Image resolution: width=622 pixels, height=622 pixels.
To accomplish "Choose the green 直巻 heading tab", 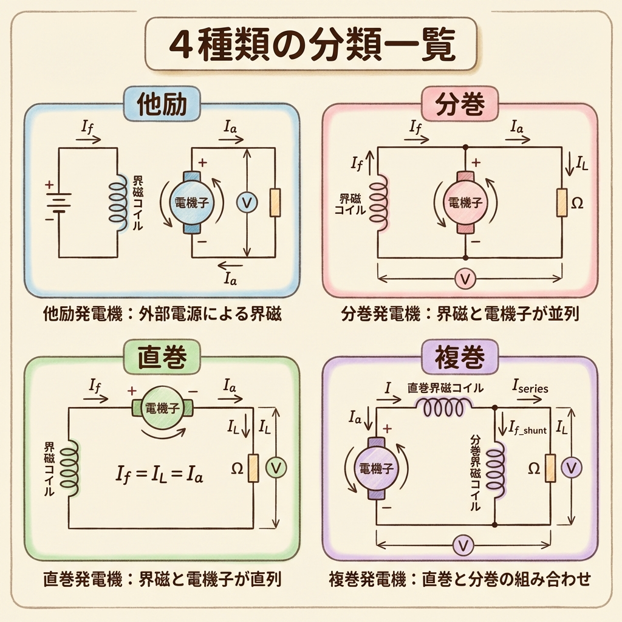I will (162, 358).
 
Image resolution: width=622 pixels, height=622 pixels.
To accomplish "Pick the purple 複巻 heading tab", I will (460, 358).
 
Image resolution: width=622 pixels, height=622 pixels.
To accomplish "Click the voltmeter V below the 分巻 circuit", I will (465, 279).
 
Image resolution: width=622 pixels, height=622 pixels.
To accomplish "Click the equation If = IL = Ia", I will (160, 472).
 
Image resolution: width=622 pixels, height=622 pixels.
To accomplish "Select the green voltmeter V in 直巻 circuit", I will (276, 466).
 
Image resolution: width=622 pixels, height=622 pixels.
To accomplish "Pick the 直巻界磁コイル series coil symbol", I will (444, 407).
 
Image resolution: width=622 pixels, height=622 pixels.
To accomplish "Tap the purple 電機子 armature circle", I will (375, 468).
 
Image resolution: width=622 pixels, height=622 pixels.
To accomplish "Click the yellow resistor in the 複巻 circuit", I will (550, 467).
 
